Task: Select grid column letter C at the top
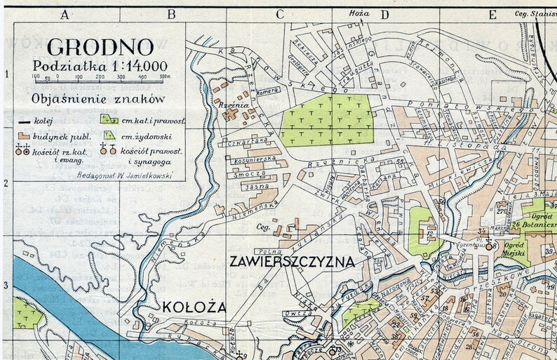279,13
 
